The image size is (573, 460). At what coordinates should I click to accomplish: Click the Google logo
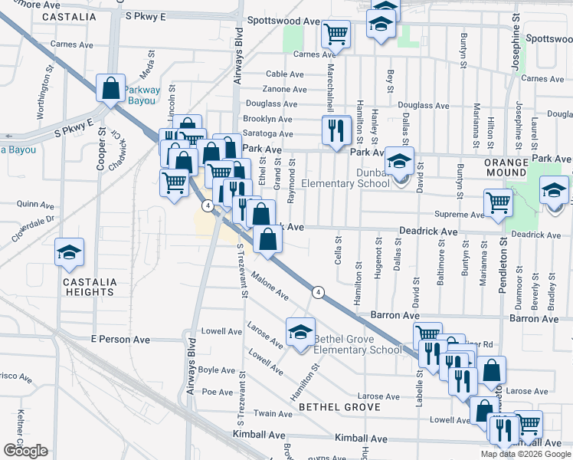tap(25, 451)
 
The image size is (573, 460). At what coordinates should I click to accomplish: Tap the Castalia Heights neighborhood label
tap(90, 287)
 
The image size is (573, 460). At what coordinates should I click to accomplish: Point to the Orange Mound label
tap(506, 168)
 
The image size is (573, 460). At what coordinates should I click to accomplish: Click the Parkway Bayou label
tap(142, 95)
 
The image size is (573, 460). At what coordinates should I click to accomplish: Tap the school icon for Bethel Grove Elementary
tap(300, 333)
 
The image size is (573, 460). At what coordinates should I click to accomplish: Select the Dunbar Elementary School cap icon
tap(399, 162)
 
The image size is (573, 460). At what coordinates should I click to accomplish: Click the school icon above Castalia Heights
tap(69, 252)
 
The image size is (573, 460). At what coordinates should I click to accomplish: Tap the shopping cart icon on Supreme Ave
tap(498, 203)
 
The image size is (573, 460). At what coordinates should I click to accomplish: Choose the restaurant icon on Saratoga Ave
tap(334, 130)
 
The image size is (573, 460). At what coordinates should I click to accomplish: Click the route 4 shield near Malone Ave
tap(318, 291)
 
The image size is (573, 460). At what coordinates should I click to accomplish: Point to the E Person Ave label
tap(117, 338)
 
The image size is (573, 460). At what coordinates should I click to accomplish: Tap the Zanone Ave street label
tap(285, 89)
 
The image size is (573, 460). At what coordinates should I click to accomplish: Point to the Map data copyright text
tap(526, 454)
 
